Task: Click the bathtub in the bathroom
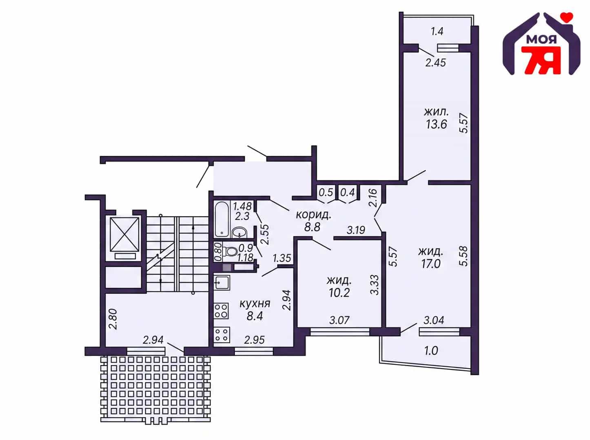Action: click(x=222, y=219)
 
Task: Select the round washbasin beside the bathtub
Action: click(x=239, y=232)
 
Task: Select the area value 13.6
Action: click(x=436, y=124)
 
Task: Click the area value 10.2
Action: click(x=339, y=293)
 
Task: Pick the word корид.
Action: click(x=313, y=215)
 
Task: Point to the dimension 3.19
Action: click(x=356, y=230)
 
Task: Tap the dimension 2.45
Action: click(x=436, y=63)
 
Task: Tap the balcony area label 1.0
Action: click(x=431, y=351)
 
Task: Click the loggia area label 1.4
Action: click(x=437, y=31)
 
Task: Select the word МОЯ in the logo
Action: click(x=541, y=40)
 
